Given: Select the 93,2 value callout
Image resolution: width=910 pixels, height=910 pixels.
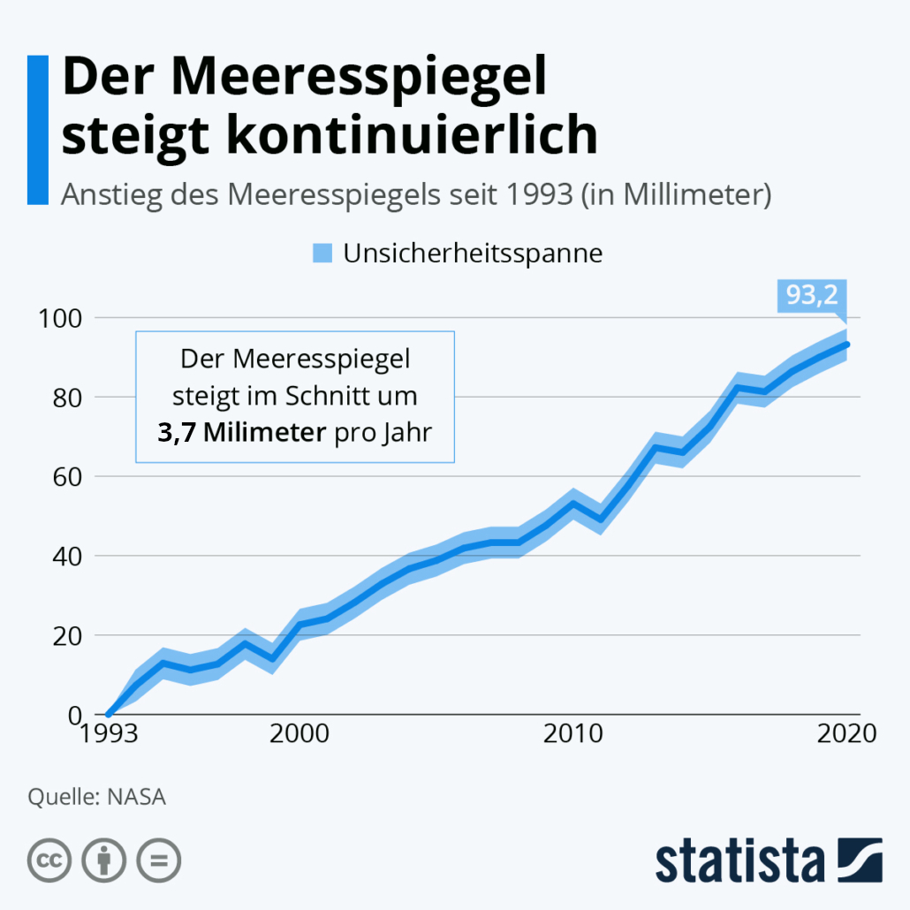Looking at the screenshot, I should click(x=812, y=296).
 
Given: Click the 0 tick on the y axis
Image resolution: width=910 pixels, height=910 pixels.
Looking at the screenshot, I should click(x=75, y=714).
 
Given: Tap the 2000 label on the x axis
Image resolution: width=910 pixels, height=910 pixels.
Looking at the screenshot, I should click(x=297, y=734).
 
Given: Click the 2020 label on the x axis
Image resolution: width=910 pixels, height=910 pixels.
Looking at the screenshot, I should click(x=846, y=734).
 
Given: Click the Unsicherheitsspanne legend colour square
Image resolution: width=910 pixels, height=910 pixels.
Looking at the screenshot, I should click(x=322, y=254).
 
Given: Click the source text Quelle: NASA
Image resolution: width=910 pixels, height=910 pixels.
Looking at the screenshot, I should click(x=97, y=797).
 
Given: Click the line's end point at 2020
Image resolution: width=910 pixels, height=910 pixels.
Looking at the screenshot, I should click(x=847, y=345).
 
